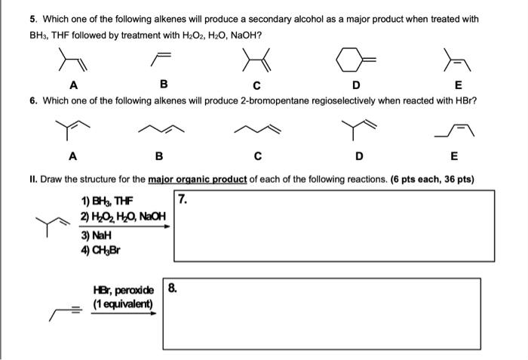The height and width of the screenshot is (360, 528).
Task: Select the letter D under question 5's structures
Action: [357, 85]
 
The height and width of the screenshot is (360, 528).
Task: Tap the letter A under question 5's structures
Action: [72, 85]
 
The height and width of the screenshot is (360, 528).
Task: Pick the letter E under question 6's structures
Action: [453, 157]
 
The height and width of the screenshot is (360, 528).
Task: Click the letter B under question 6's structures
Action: [158, 157]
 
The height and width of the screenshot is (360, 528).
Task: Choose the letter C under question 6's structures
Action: [258, 157]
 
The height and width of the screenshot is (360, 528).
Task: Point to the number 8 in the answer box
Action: [173, 288]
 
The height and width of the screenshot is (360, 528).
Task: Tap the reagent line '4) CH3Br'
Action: [100, 249]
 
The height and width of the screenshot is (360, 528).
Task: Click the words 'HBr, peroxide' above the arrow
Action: [123, 291]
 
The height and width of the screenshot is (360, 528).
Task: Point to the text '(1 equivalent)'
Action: [123, 304]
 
